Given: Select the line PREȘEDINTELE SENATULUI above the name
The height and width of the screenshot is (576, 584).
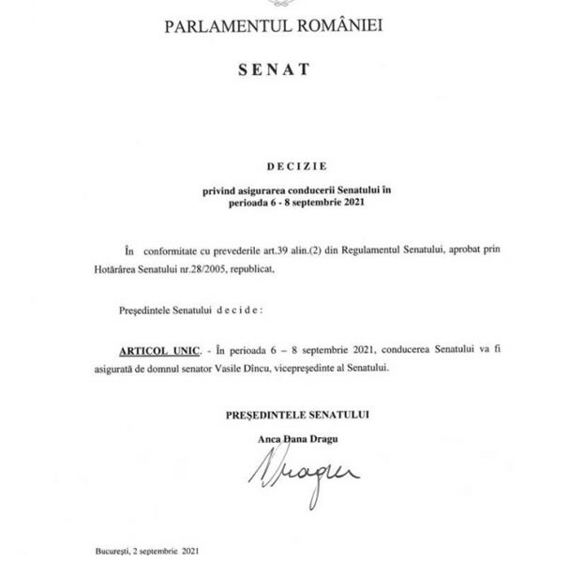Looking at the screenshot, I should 296,414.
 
